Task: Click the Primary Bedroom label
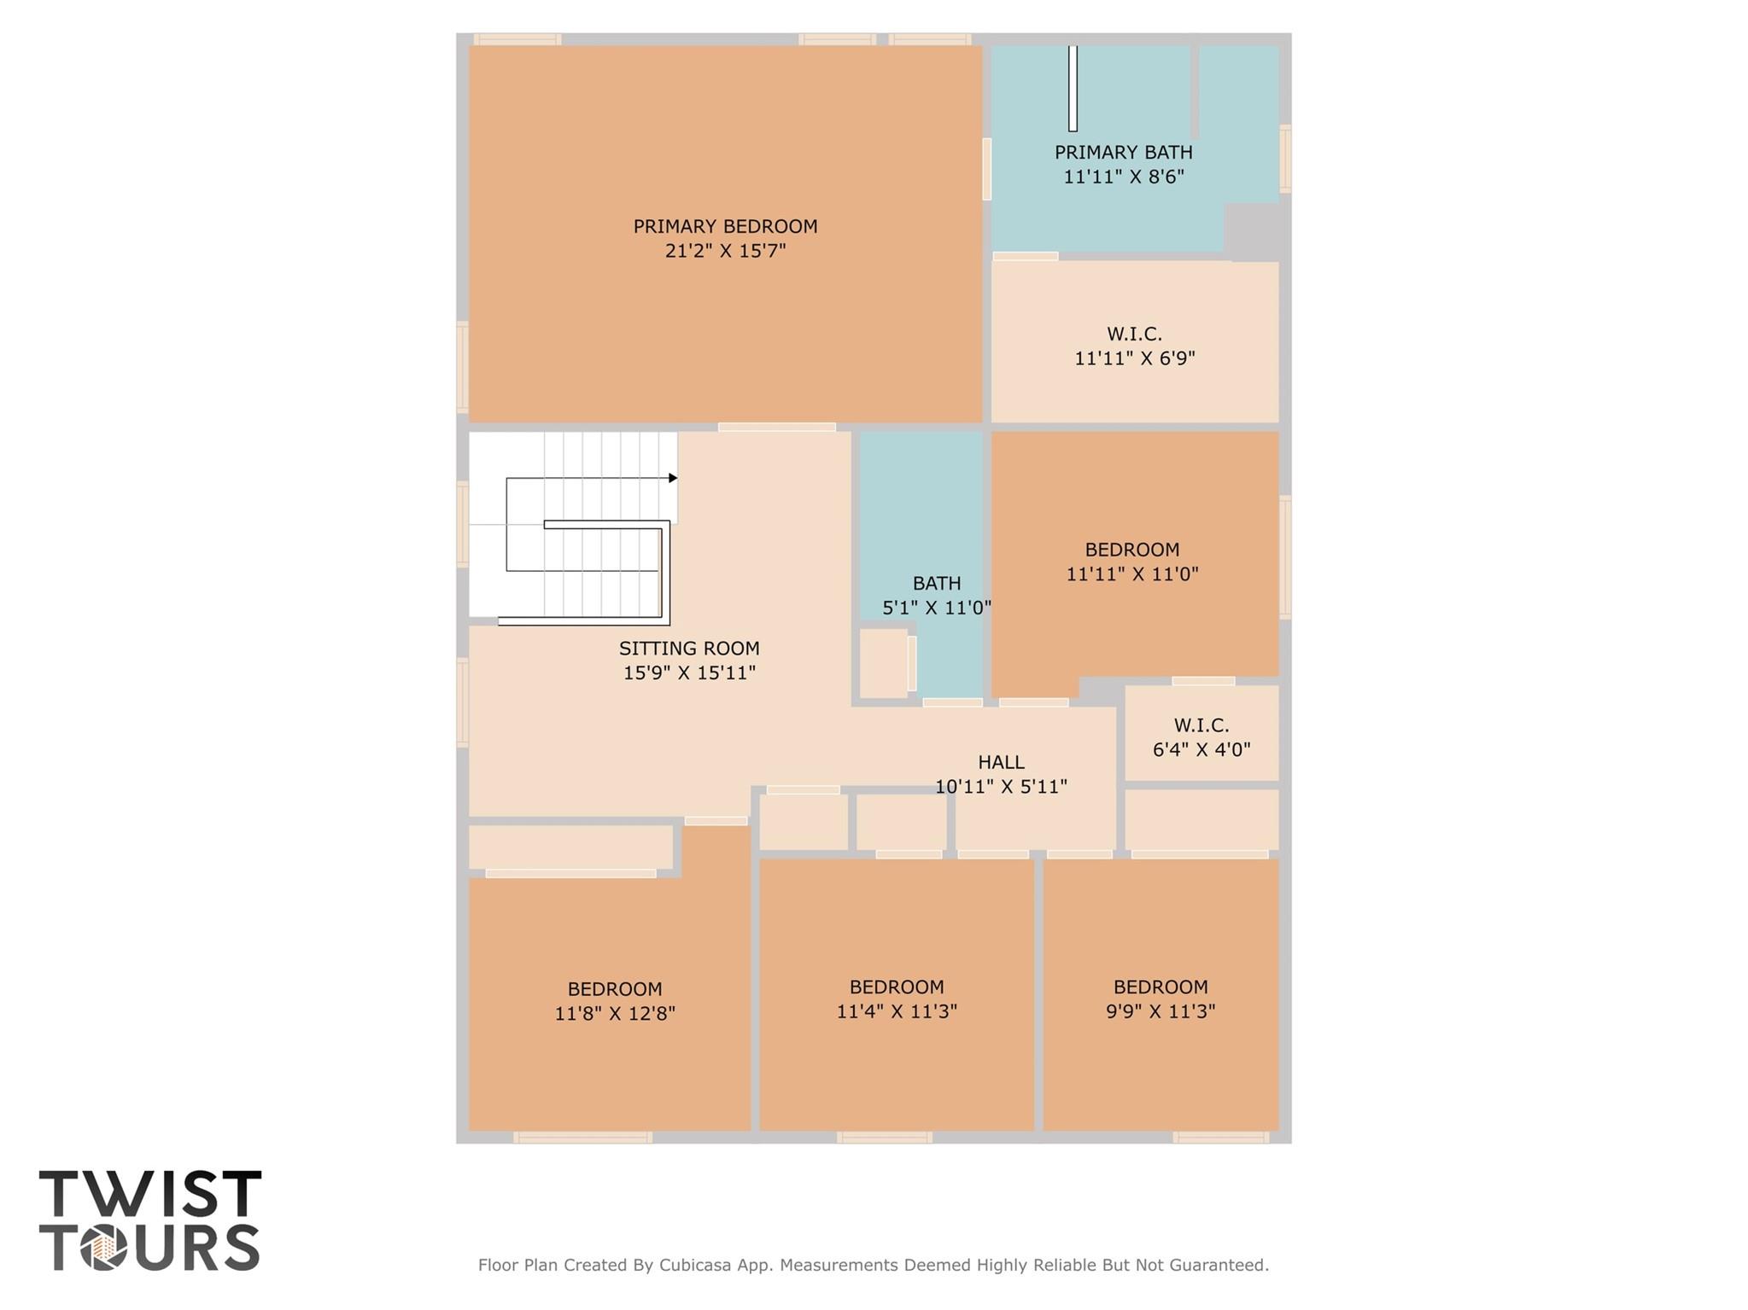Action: click(725, 226)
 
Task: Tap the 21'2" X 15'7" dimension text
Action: click(725, 251)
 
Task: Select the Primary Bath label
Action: click(1123, 152)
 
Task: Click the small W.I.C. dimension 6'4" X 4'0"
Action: click(1201, 749)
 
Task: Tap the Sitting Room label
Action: click(689, 649)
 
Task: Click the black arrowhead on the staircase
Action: click(673, 478)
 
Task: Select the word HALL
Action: click(1001, 762)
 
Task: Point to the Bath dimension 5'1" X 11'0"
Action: click(937, 608)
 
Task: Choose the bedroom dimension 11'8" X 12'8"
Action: click(615, 1014)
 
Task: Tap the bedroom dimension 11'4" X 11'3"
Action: click(897, 1011)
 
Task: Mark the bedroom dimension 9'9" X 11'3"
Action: click(1160, 1011)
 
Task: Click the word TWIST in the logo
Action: click(150, 1194)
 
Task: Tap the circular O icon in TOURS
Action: click(104, 1248)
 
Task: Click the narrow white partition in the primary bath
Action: click(1073, 88)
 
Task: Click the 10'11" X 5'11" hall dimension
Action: click(1001, 786)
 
